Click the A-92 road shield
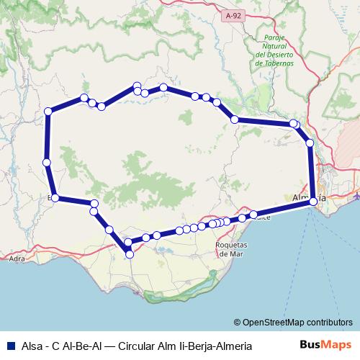tap(232, 15)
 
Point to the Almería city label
tap(310, 196)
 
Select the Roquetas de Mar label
tap(233, 249)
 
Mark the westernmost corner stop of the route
tap(48, 111)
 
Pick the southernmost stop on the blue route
tap(129, 253)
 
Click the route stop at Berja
tap(54, 198)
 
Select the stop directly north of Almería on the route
tap(310, 144)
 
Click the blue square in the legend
tap(11, 346)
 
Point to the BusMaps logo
tap(325, 345)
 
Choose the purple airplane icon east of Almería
tap(357, 195)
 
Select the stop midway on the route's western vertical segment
tap(46, 162)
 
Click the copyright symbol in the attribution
tap(237, 322)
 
